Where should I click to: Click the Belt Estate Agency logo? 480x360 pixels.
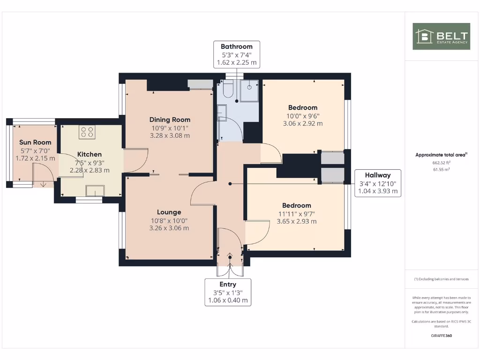point(441,37)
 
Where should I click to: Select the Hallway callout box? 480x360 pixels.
point(378,183)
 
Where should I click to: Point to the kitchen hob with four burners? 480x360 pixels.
point(87,132)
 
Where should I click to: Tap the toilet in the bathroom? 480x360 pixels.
point(228,89)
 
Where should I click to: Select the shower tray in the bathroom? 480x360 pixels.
point(249,90)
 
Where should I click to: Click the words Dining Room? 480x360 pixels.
point(170,120)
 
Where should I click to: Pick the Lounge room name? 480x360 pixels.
point(169,212)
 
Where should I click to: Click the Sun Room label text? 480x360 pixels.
point(35,142)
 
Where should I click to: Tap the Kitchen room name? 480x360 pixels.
point(90,154)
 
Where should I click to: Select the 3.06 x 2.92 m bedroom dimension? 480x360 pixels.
point(303,124)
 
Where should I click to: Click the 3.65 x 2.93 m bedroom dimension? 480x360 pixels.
point(297,221)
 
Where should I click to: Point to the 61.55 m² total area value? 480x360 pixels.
point(441,169)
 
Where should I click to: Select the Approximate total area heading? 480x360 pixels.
point(441,155)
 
